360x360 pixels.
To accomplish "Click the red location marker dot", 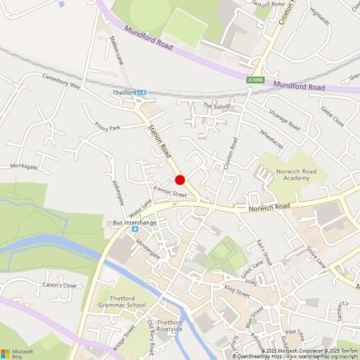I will [180, 180].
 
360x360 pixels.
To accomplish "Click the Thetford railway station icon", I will [142, 93].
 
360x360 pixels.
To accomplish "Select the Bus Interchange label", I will [133, 222].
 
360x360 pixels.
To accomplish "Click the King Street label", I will [236, 290].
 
